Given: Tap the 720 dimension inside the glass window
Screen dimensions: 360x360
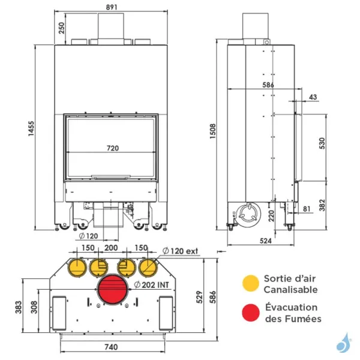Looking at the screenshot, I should point(112,148).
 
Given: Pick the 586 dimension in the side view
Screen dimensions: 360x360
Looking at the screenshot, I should point(268,85).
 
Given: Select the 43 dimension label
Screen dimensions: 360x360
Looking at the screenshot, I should point(313,97).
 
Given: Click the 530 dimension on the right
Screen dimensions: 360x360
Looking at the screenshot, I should point(322,143).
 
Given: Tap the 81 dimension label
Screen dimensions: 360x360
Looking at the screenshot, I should point(307,209).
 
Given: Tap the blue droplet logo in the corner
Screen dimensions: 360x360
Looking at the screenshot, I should point(343,343).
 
